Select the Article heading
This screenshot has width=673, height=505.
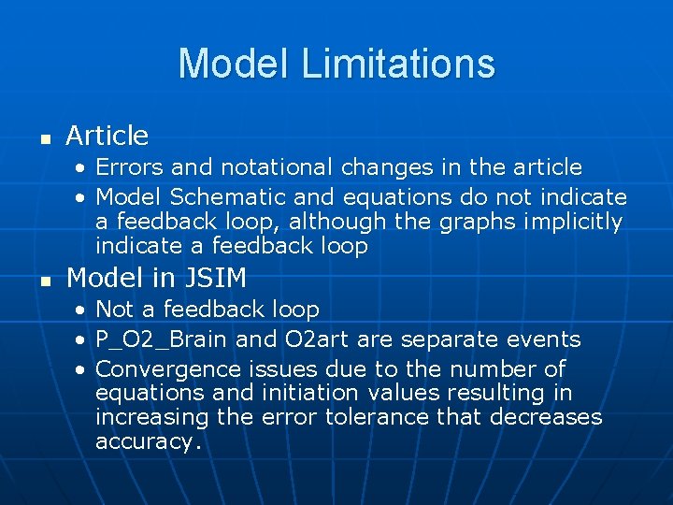click(x=107, y=137)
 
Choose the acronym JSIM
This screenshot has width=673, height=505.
click(x=216, y=279)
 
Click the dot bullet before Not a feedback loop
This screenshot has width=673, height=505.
click(x=83, y=310)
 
